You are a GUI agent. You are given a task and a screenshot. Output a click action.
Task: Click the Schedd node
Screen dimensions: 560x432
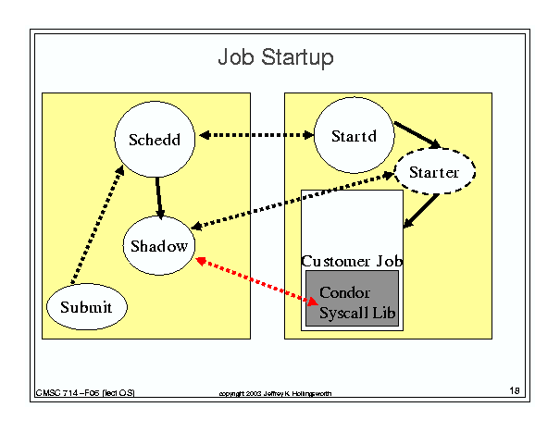pos(155,140)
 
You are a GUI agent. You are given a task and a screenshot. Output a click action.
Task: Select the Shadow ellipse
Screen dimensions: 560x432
pos(159,246)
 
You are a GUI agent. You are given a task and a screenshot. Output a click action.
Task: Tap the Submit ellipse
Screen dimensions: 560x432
pos(87,307)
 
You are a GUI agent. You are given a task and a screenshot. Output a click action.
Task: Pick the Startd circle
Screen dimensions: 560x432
pos(354,135)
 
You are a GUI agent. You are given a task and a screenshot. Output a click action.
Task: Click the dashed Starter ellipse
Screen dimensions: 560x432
pos(434,172)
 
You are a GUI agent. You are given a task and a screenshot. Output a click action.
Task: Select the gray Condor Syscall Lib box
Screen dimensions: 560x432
pos(352,298)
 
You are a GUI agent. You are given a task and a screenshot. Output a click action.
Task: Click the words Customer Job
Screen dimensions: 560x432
pos(352,261)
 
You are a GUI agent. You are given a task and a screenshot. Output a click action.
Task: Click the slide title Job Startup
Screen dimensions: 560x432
pos(276,57)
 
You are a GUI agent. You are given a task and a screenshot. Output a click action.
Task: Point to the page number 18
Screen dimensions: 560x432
pos(515,390)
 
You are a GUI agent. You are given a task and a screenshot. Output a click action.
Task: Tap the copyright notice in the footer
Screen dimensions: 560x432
pos(275,393)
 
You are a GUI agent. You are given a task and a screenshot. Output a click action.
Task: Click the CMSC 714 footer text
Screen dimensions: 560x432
pos(85,393)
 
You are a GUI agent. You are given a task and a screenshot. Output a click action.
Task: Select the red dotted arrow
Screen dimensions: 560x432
pos(256,281)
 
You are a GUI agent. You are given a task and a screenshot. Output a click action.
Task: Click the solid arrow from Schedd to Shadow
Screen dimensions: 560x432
pos(159,198)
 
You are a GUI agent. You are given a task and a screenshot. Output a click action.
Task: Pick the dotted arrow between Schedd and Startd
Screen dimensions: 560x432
pos(256,135)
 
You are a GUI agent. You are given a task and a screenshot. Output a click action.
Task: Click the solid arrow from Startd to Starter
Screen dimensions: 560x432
pos(417,135)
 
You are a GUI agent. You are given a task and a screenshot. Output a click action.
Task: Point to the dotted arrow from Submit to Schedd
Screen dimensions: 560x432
pos(97,225)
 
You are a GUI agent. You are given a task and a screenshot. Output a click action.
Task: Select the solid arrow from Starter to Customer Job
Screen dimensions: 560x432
pos(421,211)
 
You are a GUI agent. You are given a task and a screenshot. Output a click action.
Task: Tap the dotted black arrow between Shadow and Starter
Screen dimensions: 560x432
pos(292,201)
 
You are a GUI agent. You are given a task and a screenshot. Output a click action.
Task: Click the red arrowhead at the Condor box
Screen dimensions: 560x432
pos(313,302)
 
